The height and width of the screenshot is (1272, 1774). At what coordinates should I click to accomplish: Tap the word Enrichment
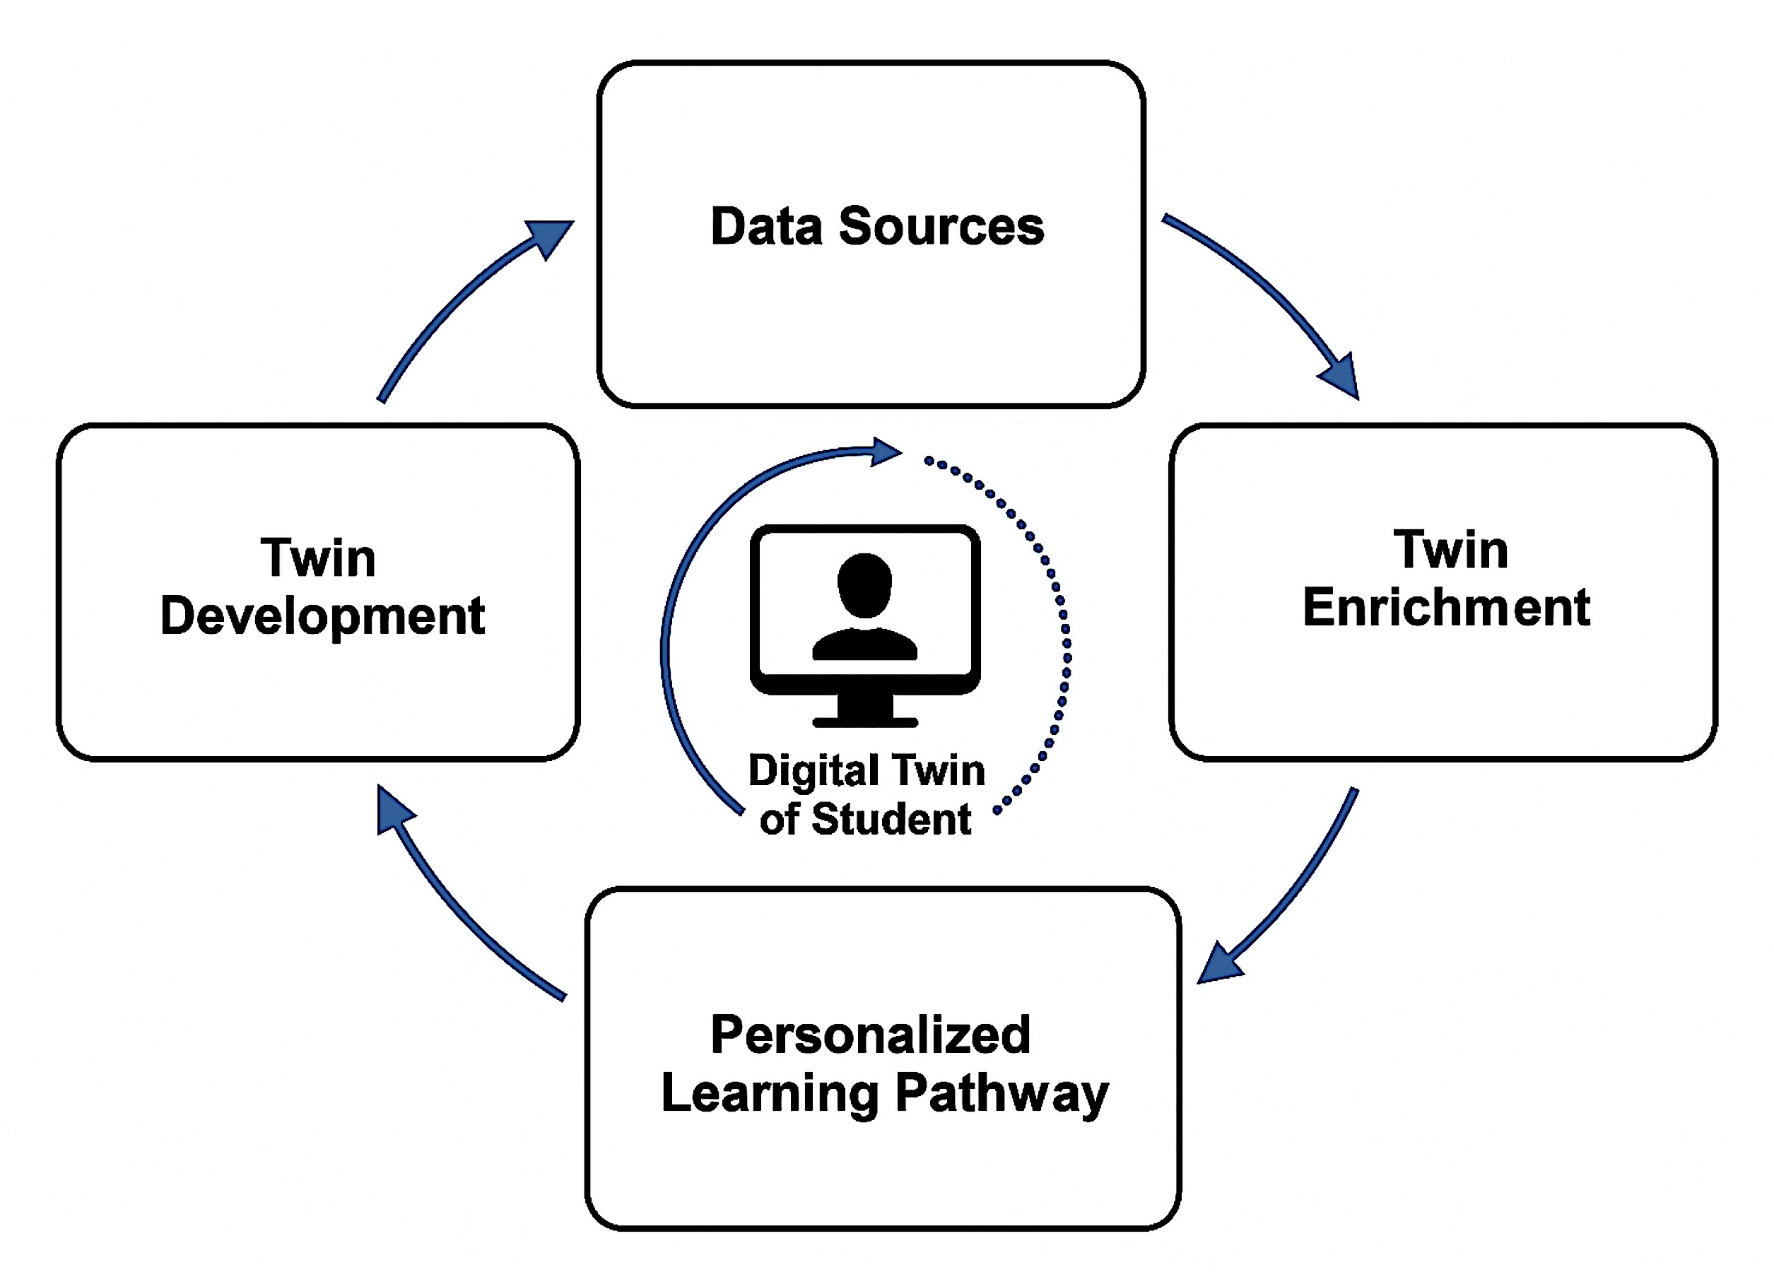point(1445,608)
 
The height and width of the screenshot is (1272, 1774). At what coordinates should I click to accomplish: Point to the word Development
point(322,616)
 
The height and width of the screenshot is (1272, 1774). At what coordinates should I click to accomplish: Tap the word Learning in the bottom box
point(770,1094)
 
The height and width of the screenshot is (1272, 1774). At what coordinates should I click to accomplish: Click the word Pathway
point(1001,1094)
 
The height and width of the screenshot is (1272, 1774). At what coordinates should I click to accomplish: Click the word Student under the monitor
point(891,819)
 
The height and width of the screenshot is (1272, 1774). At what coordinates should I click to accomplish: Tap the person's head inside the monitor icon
point(864,584)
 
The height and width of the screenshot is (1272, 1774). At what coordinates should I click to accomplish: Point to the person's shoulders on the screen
point(864,645)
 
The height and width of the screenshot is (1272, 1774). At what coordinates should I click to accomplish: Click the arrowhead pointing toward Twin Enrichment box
point(1342,377)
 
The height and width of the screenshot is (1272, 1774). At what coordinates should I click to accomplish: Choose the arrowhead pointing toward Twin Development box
point(393,810)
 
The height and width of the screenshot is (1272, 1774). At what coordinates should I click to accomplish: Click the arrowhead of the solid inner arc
point(886,452)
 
